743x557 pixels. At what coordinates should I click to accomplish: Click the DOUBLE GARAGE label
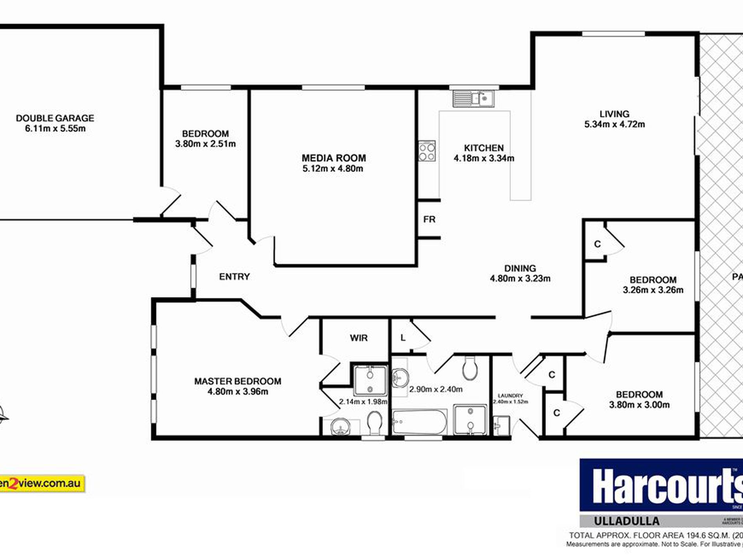coord(55,118)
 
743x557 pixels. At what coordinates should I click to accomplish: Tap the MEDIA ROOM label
coord(334,158)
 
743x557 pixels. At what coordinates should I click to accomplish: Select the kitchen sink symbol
coord(474,99)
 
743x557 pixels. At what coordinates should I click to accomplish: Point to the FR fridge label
coord(429,219)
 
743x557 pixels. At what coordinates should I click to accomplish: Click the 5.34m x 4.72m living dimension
coord(614,125)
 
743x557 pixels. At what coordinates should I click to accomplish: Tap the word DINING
coord(520,269)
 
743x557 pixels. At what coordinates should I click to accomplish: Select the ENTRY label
coord(234,277)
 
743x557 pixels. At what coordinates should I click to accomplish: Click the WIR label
coord(359,338)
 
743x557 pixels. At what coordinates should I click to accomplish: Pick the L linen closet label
coord(403,338)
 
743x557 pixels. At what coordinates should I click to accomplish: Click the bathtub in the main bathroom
coord(419,422)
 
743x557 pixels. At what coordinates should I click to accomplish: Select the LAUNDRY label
coord(510,396)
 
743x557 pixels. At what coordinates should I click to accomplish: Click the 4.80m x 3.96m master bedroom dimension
coord(238,392)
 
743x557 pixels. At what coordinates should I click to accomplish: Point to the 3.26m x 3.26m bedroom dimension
coord(653,290)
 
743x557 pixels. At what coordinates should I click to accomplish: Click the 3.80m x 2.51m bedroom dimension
coord(205,144)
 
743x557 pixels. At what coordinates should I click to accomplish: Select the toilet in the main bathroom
coord(469,369)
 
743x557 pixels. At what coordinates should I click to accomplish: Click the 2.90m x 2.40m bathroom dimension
coord(436,389)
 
